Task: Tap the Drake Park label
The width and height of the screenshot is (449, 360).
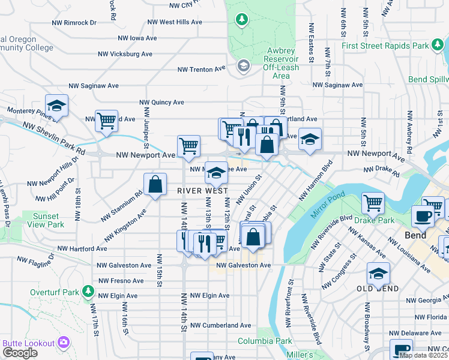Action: click(378, 220)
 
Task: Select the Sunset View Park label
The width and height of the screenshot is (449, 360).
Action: click(45, 220)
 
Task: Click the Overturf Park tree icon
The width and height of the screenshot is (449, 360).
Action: click(89, 292)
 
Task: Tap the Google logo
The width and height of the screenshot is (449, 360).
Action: click(19, 353)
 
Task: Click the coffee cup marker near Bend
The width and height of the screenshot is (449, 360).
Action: click(422, 217)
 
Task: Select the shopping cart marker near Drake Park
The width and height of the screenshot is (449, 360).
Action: click(373, 203)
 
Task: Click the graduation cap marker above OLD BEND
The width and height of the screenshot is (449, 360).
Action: click(378, 274)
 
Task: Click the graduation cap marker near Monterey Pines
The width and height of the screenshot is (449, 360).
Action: click(56, 106)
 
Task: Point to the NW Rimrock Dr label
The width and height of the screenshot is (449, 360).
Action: click(77, 23)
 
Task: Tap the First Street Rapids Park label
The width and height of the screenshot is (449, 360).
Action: click(393, 46)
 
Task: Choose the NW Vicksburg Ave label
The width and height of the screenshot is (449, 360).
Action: click(125, 54)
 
